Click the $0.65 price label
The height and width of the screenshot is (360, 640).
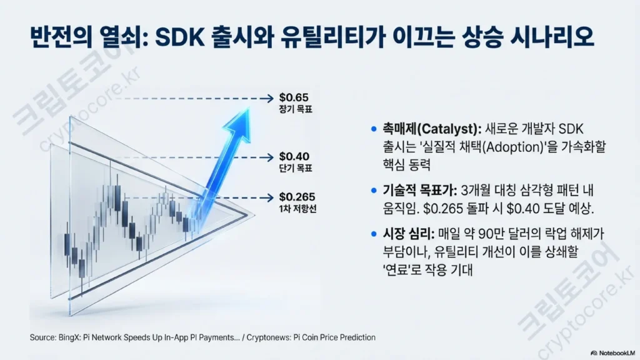click(x=294, y=97)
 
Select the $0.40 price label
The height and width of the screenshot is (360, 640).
click(x=294, y=156)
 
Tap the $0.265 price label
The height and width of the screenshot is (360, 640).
click(x=297, y=197)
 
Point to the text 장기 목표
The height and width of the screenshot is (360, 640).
click(x=296, y=109)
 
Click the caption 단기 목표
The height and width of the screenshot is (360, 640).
click(x=296, y=167)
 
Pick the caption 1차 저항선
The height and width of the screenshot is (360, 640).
click(x=298, y=209)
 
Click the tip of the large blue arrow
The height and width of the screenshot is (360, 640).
click(x=249, y=107)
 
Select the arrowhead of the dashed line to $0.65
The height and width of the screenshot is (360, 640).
click(x=270, y=98)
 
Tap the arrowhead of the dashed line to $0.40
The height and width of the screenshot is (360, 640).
click(x=270, y=157)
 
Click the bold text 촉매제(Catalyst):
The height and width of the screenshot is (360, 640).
click(x=432, y=129)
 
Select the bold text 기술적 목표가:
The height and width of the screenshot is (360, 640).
click(x=419, y=190)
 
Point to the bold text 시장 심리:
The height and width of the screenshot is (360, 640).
click(x=409, y=234)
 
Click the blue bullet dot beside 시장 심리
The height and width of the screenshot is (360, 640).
click(x=374, y=234)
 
